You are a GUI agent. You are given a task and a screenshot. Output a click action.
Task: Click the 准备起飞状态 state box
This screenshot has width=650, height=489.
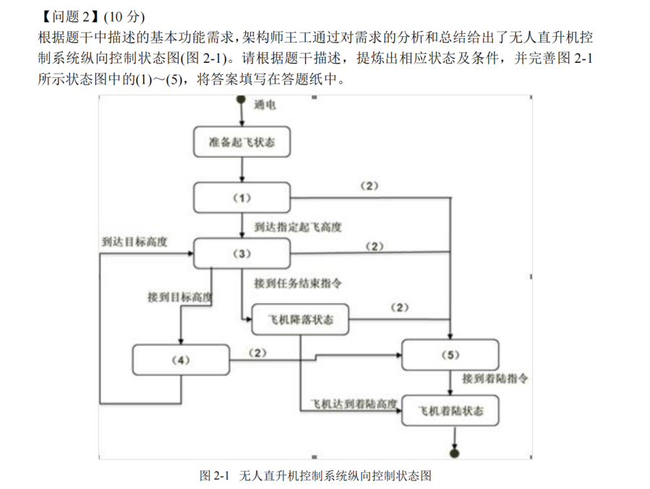[x=241, y=142]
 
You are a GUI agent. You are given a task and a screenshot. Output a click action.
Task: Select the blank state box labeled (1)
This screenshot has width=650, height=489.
[x=241, y=198]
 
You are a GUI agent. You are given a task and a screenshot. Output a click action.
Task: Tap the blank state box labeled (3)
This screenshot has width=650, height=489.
[x=241, y=254]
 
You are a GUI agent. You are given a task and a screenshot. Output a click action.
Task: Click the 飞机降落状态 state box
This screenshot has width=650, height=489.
[x=301, y=319]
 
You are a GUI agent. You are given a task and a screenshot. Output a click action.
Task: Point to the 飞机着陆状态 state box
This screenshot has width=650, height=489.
[x=450, y=411]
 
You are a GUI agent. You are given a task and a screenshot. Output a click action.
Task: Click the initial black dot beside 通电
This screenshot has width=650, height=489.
[x=241, y=105]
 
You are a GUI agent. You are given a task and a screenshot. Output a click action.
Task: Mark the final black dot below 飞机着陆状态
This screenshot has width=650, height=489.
[x=454, y=453]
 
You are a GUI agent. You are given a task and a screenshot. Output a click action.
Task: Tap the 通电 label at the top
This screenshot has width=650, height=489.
[x=265, y=105]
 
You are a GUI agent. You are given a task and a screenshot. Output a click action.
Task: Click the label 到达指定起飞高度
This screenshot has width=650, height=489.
[x=298, y=227]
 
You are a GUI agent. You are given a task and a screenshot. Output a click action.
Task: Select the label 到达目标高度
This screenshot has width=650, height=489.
[x=134, y=242]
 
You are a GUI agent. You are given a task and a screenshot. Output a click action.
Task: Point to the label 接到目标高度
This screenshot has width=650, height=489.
[x=179, y=297]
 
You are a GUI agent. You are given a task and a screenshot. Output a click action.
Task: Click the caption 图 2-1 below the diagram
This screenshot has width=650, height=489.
[x=214, y=476]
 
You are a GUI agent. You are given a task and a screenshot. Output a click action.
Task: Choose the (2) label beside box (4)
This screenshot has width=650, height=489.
[x=257, y=353]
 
